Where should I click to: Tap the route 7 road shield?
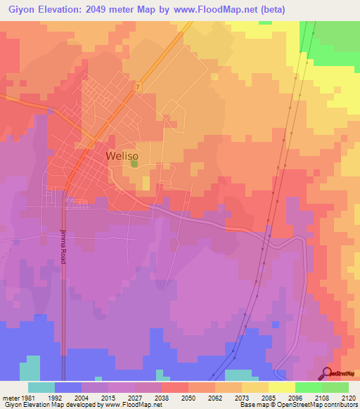(139, 87)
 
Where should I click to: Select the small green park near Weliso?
(134, 164)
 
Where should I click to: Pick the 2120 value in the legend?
(349, 396)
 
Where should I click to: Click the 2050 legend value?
(188, 396)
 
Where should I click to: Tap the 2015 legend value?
(108, 396)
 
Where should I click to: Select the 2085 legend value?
(269, 396)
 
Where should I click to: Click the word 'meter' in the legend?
(10, 396)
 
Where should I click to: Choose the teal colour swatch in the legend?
(41, 387)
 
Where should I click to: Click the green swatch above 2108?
(308, 387)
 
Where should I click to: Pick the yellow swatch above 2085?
(281, 387)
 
